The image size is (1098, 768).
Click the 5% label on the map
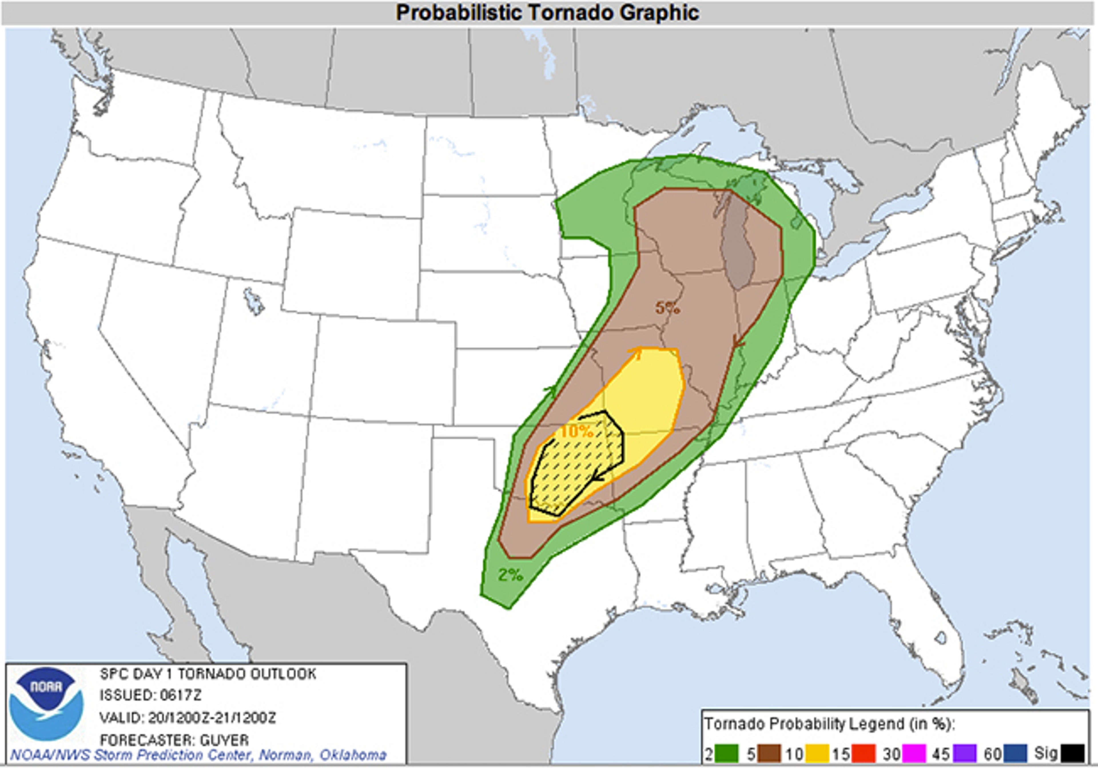668,308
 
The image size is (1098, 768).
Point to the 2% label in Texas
510,575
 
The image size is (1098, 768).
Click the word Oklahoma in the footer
353,755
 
